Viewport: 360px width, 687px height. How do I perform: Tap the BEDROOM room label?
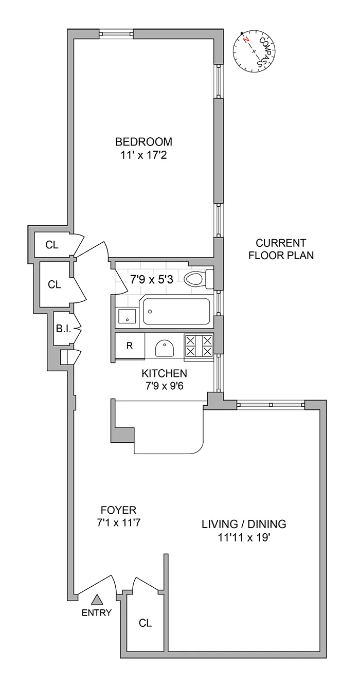tap(143, 142)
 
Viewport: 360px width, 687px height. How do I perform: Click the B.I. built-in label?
tap(63, 328)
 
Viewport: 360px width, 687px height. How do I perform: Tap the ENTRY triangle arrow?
tap(96, 599)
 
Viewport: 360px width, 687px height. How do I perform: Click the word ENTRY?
tap(96, 612)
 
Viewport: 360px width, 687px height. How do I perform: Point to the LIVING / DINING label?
tap(244, 525)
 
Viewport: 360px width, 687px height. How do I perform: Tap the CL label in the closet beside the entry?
tap(146, 623)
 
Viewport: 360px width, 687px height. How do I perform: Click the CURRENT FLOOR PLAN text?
tap(281, 249)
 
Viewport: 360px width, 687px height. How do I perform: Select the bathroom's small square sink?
tap(125, 316)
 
